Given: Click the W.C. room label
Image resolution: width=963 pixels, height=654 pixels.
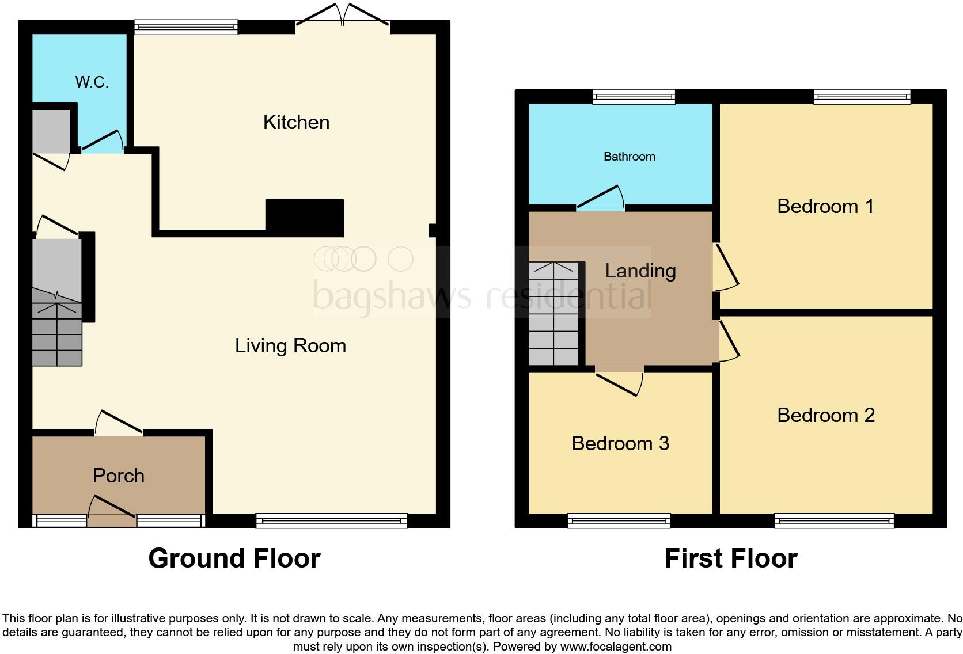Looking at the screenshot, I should [92, 82].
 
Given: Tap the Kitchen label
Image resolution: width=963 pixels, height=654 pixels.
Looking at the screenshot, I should [296, 122].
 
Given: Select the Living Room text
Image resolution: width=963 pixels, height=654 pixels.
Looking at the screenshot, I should [290, 345].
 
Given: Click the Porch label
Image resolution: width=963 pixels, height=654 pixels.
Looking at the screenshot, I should [118, 476].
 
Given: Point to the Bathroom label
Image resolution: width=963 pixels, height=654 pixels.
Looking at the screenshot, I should [629, 157].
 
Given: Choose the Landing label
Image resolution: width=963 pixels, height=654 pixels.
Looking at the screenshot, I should [640, 271].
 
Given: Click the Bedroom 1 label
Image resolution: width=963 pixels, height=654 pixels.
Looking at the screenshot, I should [825, 206].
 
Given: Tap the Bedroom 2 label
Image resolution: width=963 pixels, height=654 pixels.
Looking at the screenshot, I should [825, 415].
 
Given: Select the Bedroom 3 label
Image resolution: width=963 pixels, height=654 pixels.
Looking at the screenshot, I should [620, 443].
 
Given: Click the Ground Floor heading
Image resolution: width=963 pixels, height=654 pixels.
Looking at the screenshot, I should [234, 558].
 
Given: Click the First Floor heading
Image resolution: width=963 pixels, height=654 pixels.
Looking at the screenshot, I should [730, 558].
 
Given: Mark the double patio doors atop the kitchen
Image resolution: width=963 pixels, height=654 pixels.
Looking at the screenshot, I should [343, 15].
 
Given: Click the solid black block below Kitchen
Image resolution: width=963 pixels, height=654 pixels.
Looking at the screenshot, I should [304, 216].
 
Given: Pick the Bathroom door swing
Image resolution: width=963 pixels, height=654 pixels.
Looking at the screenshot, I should [601, 198].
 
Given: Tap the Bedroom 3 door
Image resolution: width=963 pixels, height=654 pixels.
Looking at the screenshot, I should [620, 383].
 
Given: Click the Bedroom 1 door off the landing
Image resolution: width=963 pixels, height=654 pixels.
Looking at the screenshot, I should [727, 268].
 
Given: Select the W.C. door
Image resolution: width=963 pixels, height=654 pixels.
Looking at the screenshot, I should [103, 142].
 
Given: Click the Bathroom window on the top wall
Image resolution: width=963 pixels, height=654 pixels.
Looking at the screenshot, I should [634, 97].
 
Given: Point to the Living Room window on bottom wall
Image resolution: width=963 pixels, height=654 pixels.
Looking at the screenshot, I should [331, 521].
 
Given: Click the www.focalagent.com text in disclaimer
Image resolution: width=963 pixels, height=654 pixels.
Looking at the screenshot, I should [615, 647].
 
